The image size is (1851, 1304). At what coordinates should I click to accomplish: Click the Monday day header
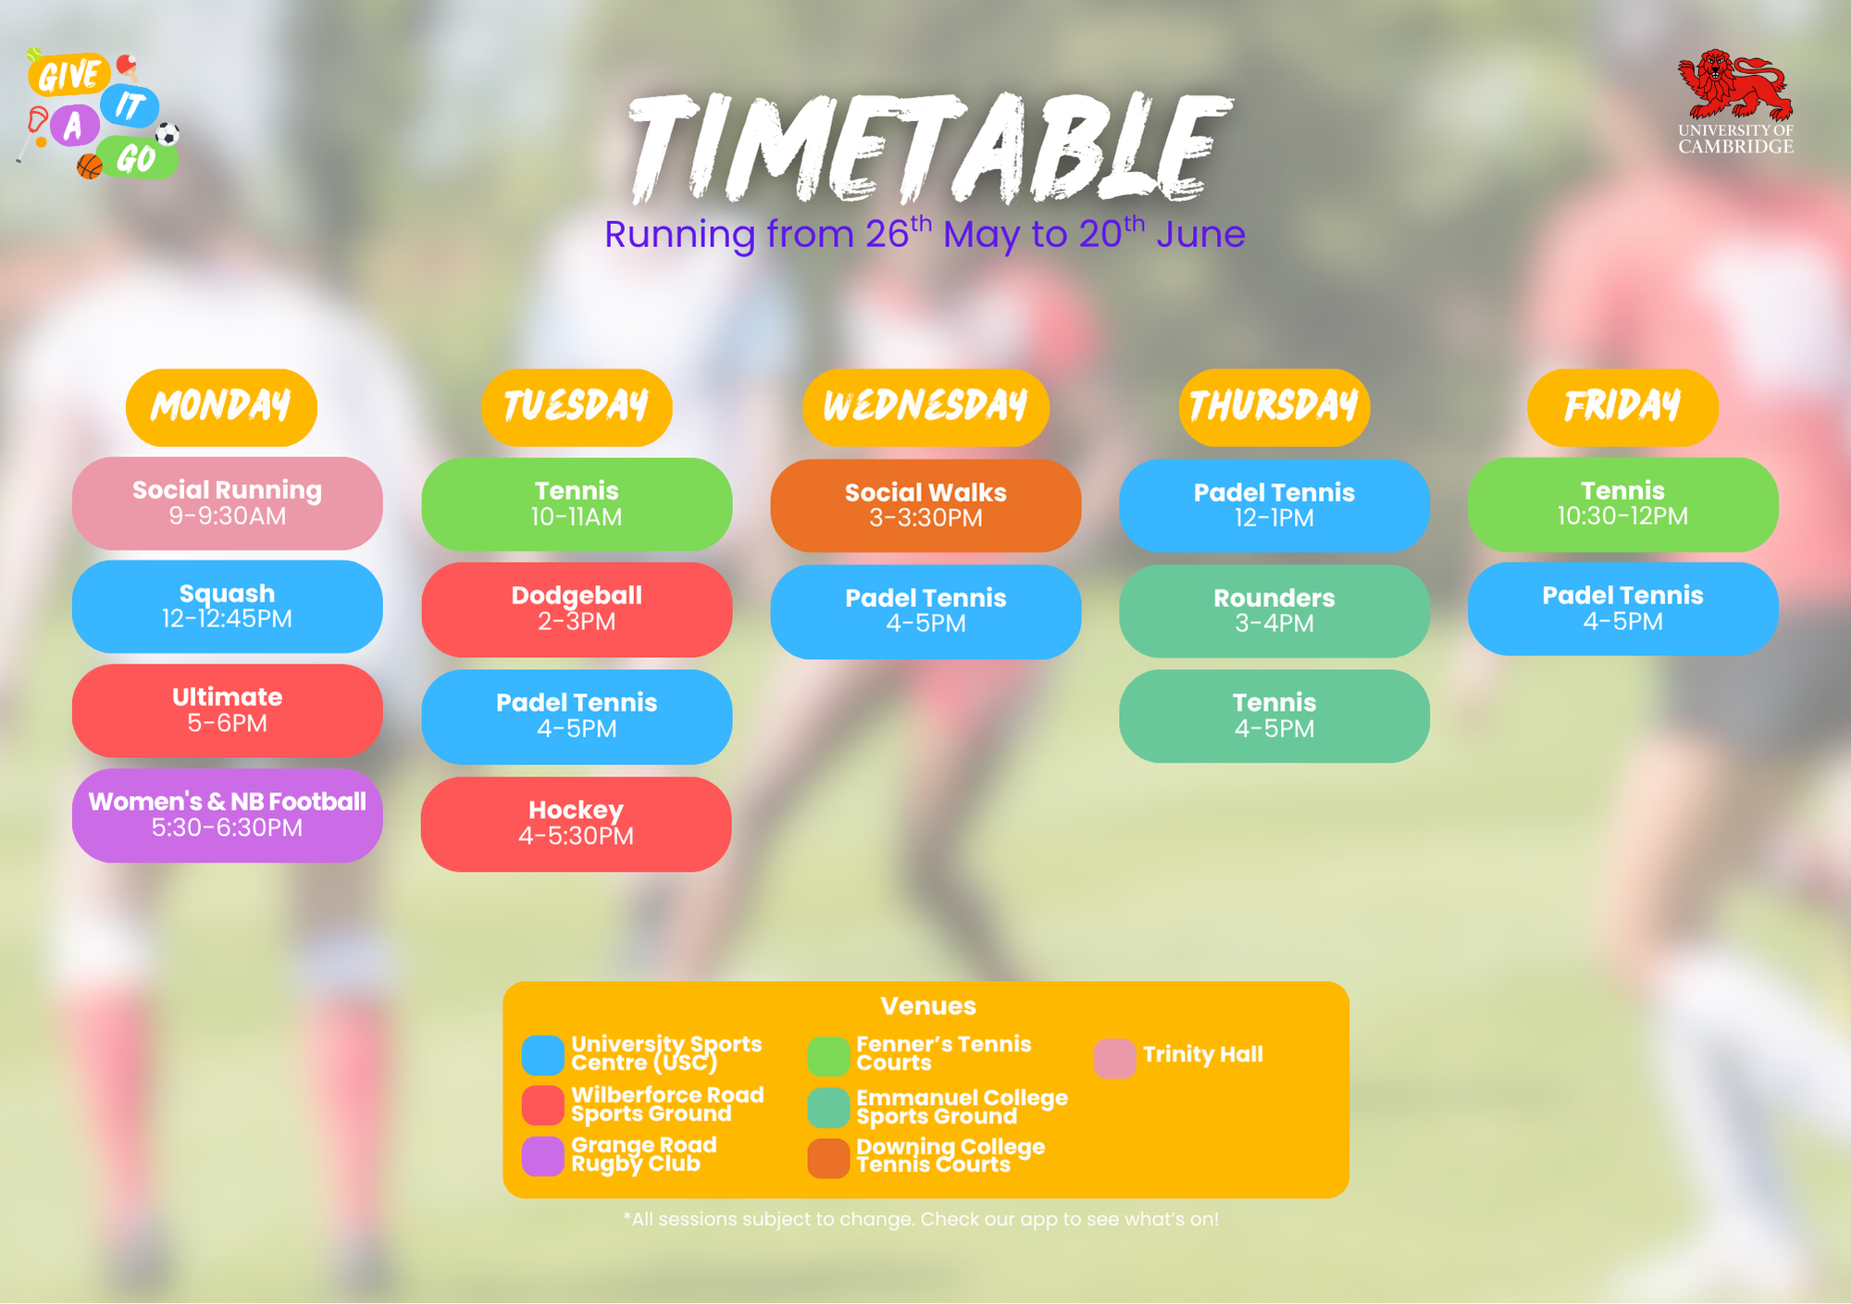pyautogui.click(x=221, y=407)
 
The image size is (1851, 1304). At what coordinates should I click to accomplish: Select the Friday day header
pyautogui.click(x=1622, y=407)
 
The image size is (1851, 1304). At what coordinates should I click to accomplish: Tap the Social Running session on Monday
pyautogui.click(x=227, y=503)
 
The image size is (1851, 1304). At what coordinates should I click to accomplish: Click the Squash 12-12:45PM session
pyautogui.click(x=227, y=607)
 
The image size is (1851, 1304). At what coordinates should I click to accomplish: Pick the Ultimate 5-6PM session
pyautogui.click(x=227, y=711)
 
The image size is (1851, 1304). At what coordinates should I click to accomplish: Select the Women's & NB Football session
pyautogui.click(x=227, y=815)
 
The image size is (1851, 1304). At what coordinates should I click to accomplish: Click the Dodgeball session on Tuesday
pyautogui.click(x=577, y=610)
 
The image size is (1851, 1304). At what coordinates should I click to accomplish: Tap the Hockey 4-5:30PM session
pyautogui.click(x=577, y=824)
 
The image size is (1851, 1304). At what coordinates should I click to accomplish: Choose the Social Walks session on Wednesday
pyautogui.click(x=925, y=505)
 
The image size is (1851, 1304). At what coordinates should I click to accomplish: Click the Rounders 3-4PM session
pyautogui.click(x=1274, y=611)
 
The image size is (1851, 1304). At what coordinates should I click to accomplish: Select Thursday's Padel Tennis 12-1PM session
pyautogui.click(x=1274, y=505)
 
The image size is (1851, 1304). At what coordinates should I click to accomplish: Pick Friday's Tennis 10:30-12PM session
pyautogui.click(x=1622, y=504)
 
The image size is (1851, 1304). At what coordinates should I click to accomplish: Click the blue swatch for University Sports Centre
pyautogui.click(x=543, y=1055)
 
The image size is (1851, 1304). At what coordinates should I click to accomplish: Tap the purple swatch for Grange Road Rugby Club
pyautogui.click(x=543, y=1157)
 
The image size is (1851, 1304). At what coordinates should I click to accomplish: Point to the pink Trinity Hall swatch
pyautogui.click(x=1114, y=1059)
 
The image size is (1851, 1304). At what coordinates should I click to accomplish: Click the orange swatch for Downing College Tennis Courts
pyautogui.click(x=828, y=1159)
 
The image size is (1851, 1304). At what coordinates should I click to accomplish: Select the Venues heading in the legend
pyautogui.click(x=928, y=1006)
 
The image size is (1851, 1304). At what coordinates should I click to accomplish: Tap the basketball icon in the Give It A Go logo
pyautogui.click(x=90, y=167)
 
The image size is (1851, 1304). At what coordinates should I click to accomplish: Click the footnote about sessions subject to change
pyautogui.click(x=921, y=1220)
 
